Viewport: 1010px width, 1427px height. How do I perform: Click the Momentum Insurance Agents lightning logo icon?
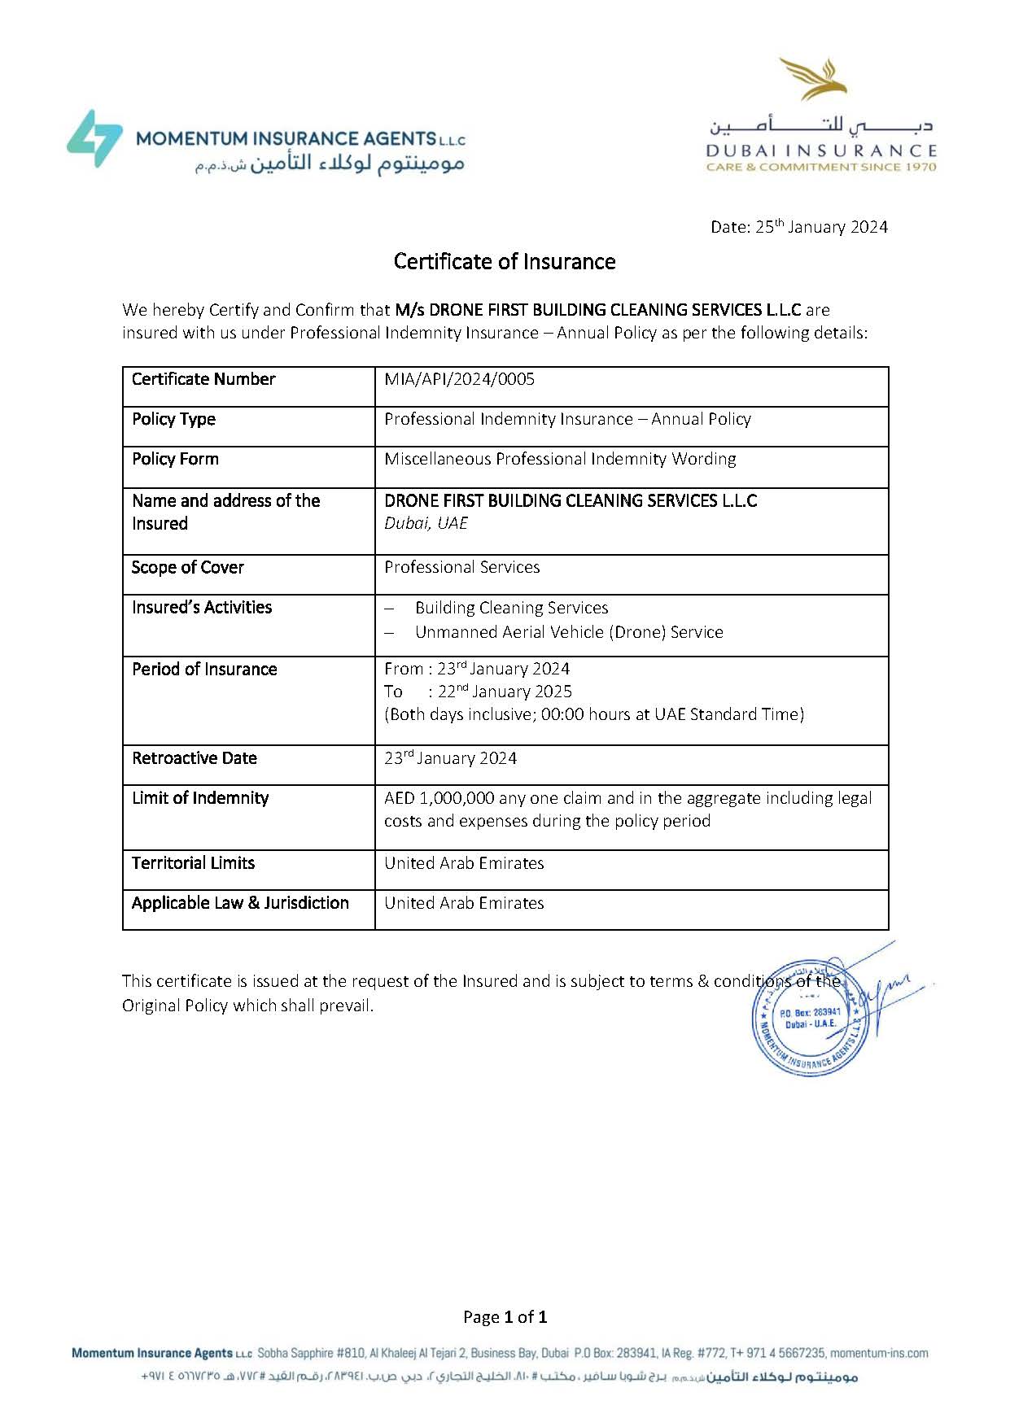click(94, 139)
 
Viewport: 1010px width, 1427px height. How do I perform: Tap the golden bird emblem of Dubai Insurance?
click(814, 79)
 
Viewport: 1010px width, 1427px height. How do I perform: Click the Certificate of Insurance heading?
click(505, 262)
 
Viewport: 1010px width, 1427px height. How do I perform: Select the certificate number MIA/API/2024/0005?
click(459, 379)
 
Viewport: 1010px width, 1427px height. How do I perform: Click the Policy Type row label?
click(173, 420)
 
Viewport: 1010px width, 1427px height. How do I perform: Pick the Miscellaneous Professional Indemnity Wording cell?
click(560, 460)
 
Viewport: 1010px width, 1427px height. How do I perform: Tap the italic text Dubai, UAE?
click(426, 524)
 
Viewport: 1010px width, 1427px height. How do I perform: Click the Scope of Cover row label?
click(187, 568)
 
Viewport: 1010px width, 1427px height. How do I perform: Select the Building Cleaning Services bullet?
click(511, 609)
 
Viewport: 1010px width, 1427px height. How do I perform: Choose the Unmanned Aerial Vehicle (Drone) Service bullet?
click(569, 632)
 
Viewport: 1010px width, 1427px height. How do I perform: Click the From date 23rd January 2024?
click(503, 670)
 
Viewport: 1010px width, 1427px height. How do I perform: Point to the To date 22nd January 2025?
click(505, 692)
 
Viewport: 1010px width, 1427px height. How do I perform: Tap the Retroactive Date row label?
click(195, 758)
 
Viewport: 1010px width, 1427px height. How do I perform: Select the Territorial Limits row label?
click(193, 863)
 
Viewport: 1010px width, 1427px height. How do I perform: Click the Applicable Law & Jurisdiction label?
click(240, 903)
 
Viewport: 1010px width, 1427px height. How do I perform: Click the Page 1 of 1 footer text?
click(505, 1317)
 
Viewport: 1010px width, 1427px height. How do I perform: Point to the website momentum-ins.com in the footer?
click(879, 1354)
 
